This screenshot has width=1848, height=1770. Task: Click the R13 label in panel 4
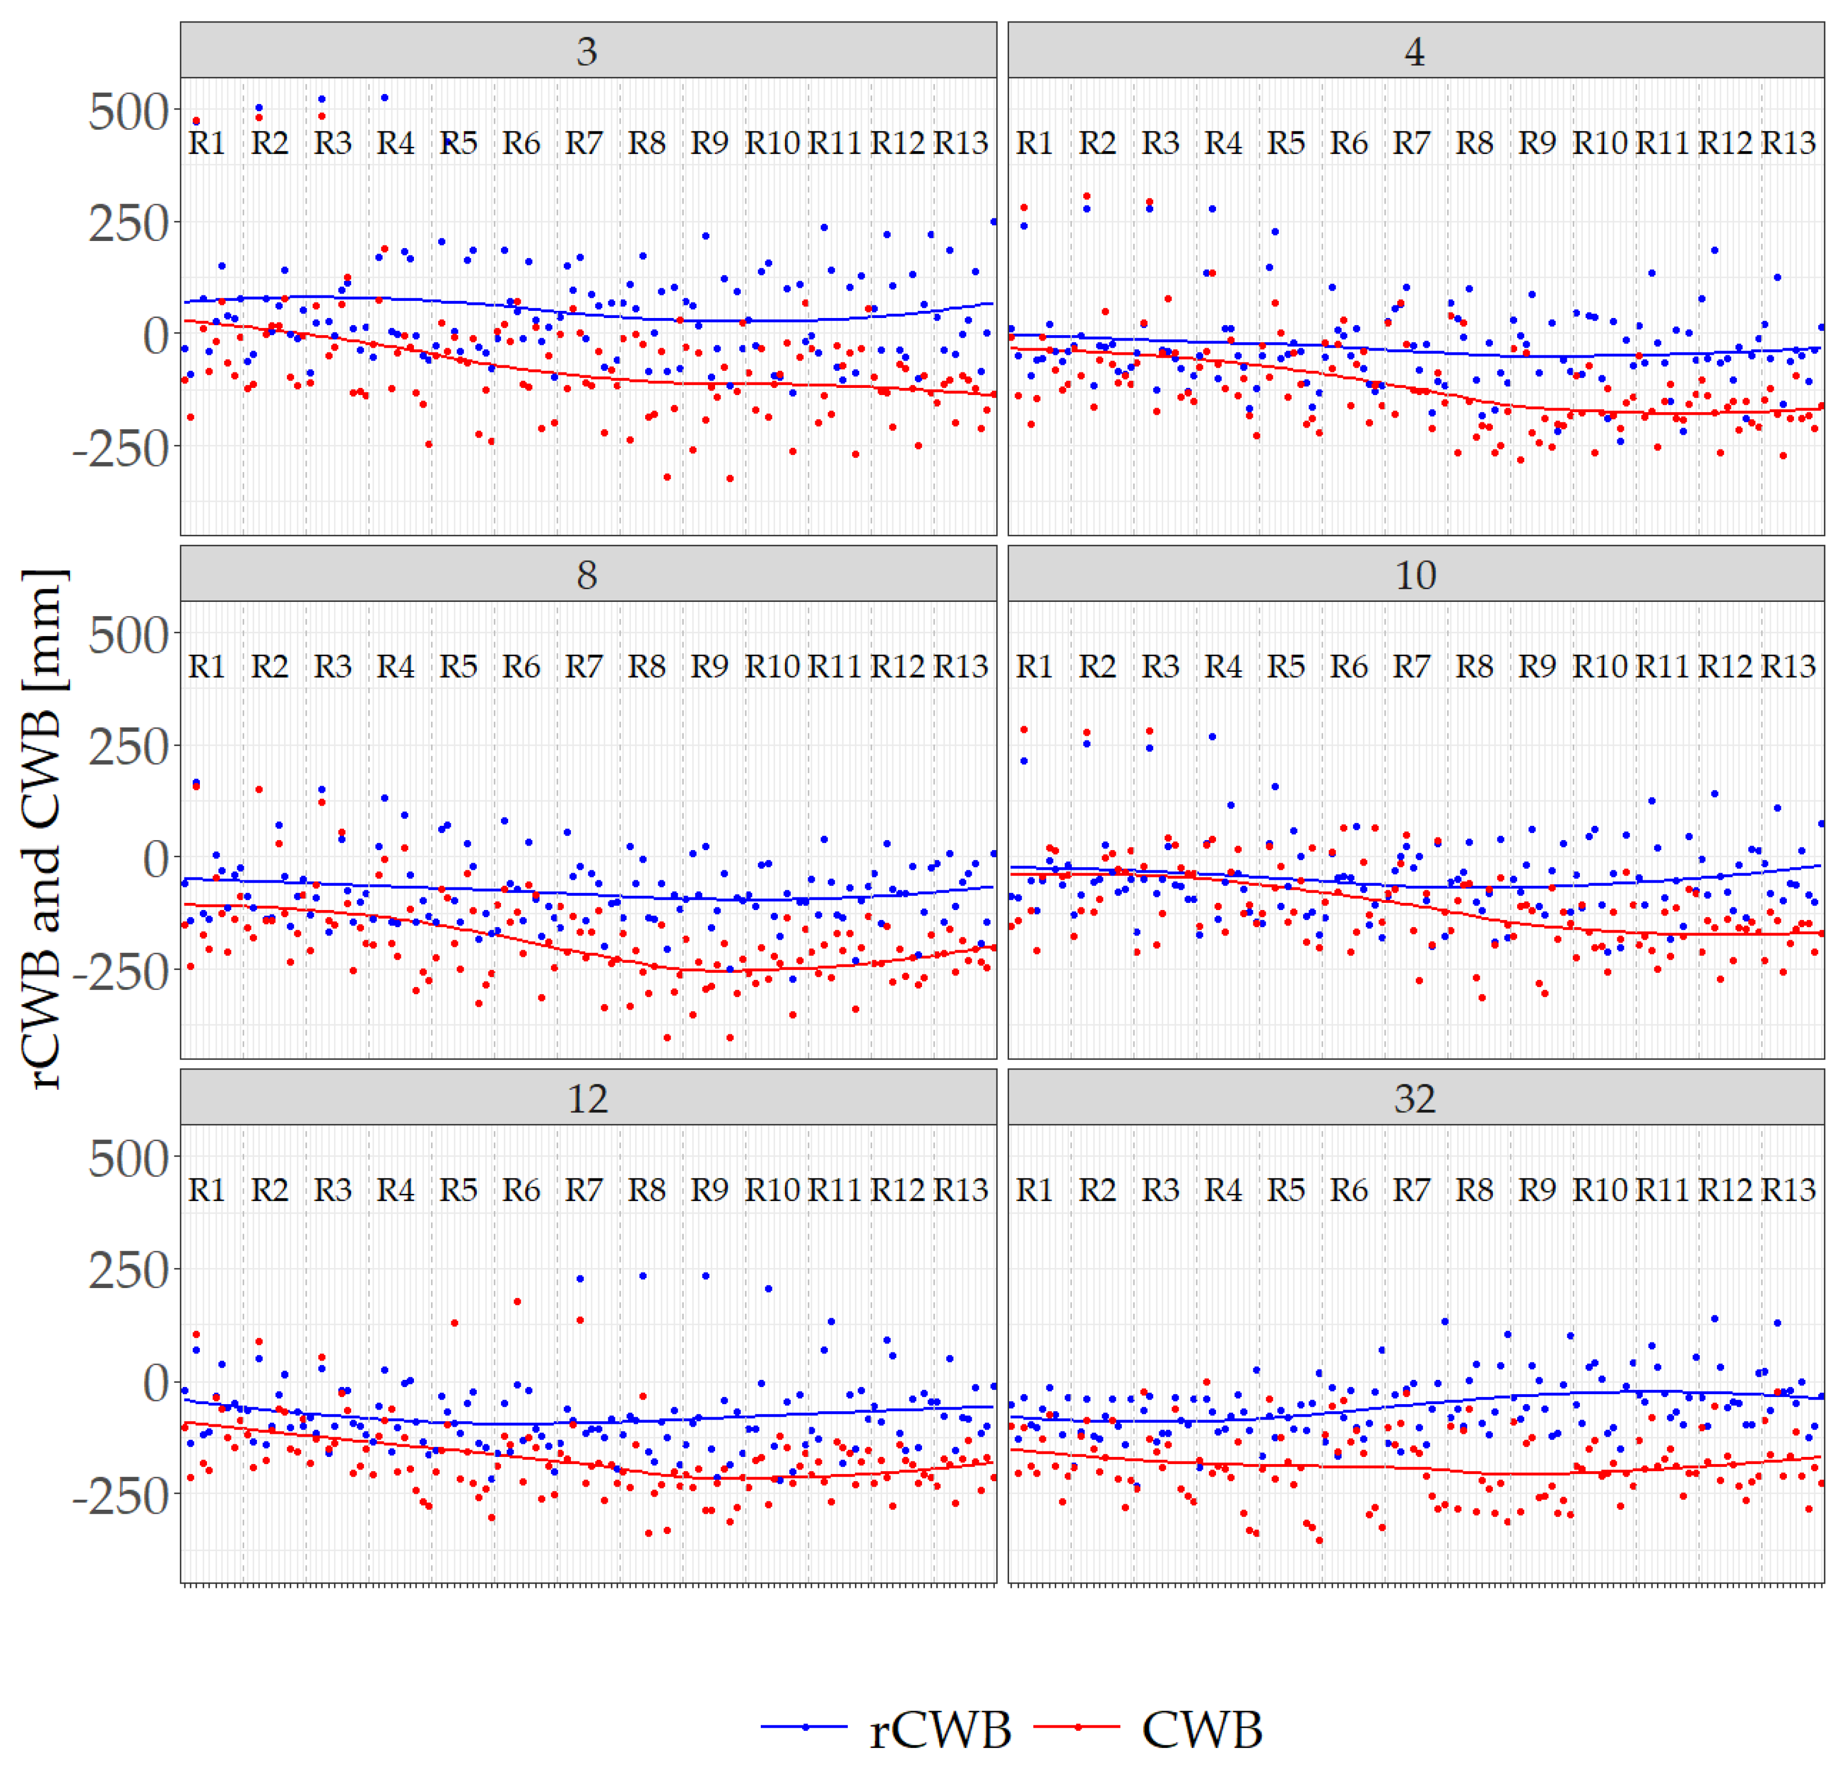click(x=1789, y=143)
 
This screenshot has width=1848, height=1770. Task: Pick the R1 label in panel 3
click(x=206, y=143)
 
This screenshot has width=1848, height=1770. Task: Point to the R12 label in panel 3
click(x=897, y=143)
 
